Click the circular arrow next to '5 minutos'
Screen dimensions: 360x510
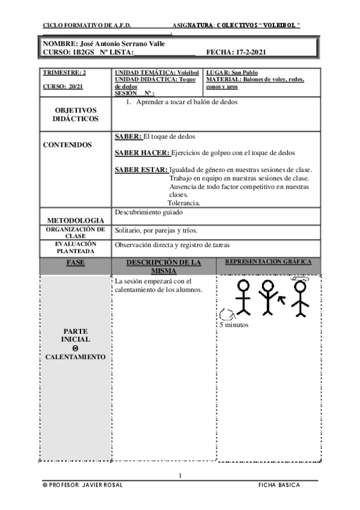coord(225,313)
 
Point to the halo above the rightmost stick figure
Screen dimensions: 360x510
coord(299,278)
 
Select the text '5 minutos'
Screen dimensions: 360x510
coord(233,325)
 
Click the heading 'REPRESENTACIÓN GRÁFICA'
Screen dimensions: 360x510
coord(267,263)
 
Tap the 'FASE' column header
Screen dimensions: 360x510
coord(75,263)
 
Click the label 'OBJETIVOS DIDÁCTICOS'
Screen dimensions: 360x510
coord(76,115)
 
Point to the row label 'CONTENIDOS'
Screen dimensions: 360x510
coord(68,145)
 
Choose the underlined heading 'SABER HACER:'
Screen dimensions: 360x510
coord(142,153)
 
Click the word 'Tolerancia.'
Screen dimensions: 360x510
coord(184,203)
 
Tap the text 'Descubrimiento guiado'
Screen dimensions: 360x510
coord(148,212)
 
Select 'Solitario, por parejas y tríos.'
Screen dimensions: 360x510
coord(156,230)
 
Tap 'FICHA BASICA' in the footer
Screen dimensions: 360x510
coord(279,485)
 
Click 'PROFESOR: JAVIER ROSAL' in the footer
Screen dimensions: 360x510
coord(84,485)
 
